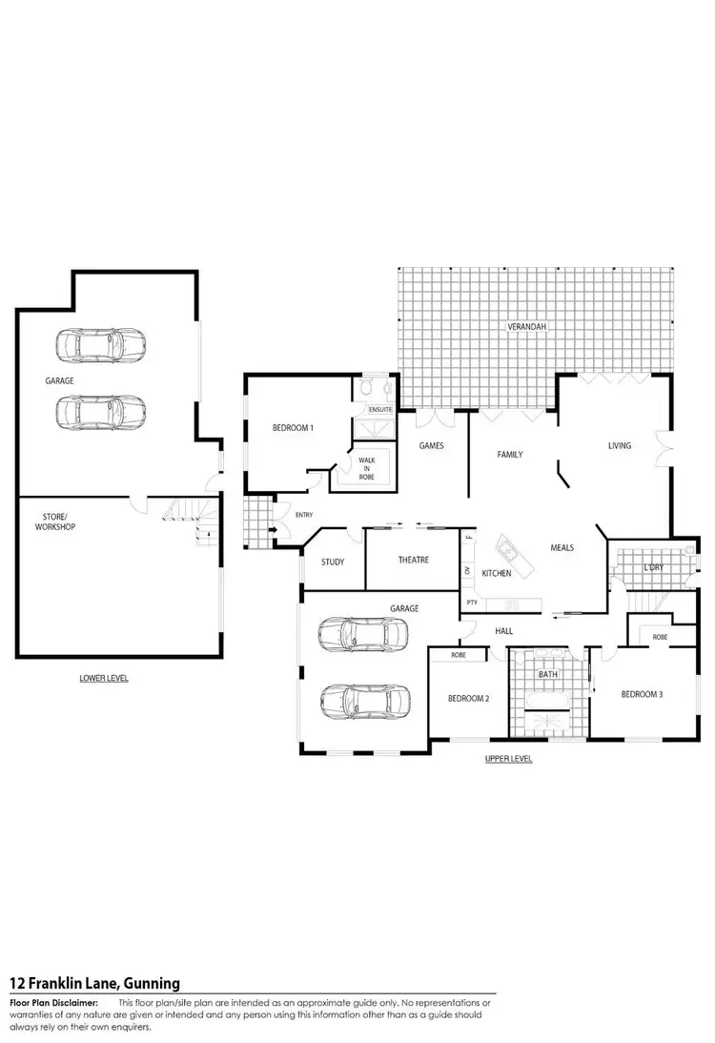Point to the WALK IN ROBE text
pyautogui.click(x=367, y=466)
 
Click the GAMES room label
pyautogui.click(x=431, y=445)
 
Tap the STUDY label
pyautogui.click(x=333, y=562)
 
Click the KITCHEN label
pyautogui.click(x=496, y=573)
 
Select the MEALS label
pyautogui.click(x=562, y=547)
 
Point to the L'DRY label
pyautogui.click(x=653, y=568)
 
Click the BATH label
pyautogui.click(x=547, y=674)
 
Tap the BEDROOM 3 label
pyautogui.click(x=642, y=694)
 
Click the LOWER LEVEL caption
pyautogui.click(x=104, y=678)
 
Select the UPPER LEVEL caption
pyautogui.click(x=508, y=759)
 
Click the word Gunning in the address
pyautogui.click(x=148, y=983)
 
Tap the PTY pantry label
pyautogui.click(x=471, y=603)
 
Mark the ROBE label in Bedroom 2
pyautogui.click(x=458, y=656)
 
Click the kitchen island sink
pyautogui.click(x=506, y=550)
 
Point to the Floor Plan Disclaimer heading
pyautogui.click(x=53, y=1003)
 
